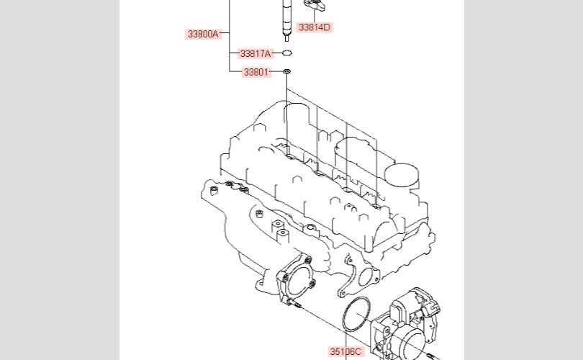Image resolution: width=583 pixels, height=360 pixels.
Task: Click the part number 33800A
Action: pos(203,34)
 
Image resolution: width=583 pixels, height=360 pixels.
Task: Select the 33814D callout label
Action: pos(315,27)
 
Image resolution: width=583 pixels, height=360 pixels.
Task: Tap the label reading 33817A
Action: pos(256,53)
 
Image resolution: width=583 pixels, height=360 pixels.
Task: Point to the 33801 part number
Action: pos(256,72)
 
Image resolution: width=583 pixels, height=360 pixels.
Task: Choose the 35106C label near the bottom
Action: pos(345,351)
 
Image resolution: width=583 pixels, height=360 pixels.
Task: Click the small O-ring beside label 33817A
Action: pos(286,53)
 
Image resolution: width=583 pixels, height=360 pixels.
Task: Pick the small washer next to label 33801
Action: pos(286,71)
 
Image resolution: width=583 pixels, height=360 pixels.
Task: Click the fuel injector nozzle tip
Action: pos(286,38)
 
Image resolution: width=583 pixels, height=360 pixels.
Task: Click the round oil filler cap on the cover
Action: pos(402,175)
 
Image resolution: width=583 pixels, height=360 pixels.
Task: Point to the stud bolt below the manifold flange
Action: pos(296,305)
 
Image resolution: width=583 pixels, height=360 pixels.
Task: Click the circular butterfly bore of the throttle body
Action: pos(412,341)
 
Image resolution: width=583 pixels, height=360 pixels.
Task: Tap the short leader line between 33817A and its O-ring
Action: pos(277,53)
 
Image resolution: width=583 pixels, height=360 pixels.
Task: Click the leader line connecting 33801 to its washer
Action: pos(276,71)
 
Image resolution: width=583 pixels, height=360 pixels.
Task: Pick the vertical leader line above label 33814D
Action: pos(315,16)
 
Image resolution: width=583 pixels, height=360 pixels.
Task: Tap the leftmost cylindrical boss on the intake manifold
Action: pos(214,191)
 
